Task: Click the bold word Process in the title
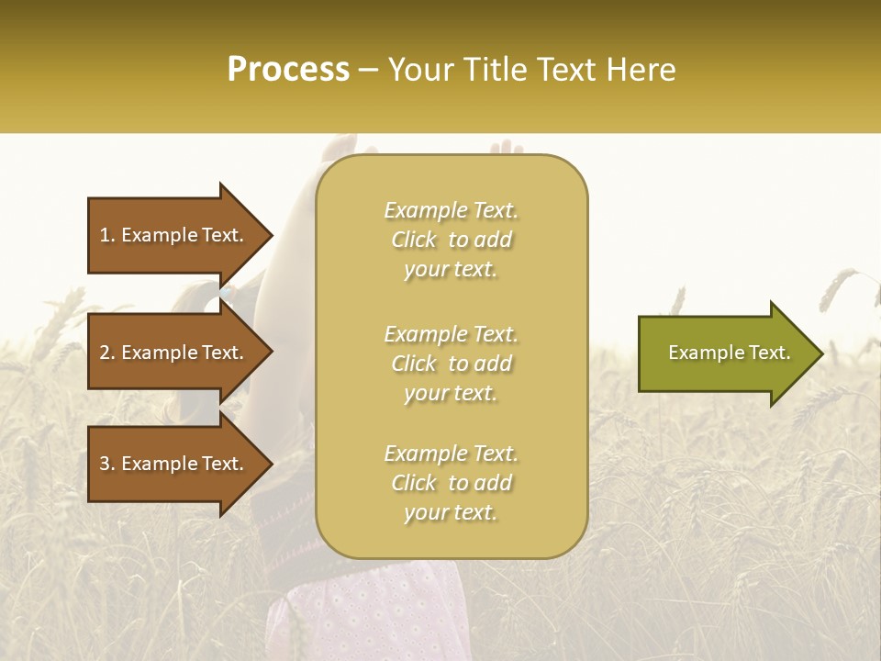pyautogui.click(x=288, y=70)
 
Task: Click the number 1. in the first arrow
pyautogui.click(x=107, y=235)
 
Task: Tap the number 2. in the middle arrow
pyautogui.click(x=107, y=353)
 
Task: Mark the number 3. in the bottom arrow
pyautogui.click(x=107, y=464)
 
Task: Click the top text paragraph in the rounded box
pyautogui.click(x=451, y=240)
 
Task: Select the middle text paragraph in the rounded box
pyautogui.click(x=451, y=364)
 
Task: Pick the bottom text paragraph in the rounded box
pyautogui.click(x=451, y=483)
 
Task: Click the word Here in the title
pyautogui.click(x=643, y=70)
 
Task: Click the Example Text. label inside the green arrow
pyautogui.click(x=729, y=353)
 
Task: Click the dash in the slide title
pyautogui.click(x=368, y=71)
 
